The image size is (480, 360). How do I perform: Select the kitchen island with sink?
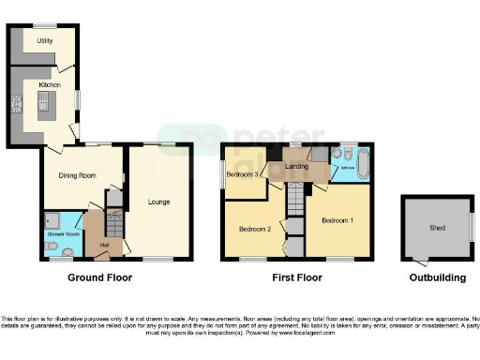coord(43,111)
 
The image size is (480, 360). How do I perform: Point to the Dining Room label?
coord(80,175)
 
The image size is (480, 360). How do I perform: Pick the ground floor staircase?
coord(113,225)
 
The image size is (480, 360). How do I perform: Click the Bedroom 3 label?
coord(243,174)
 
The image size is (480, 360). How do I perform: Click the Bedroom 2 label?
coord(254,229)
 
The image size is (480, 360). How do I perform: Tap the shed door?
coord(417,261)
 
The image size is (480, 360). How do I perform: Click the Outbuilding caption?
coord(437,277)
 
